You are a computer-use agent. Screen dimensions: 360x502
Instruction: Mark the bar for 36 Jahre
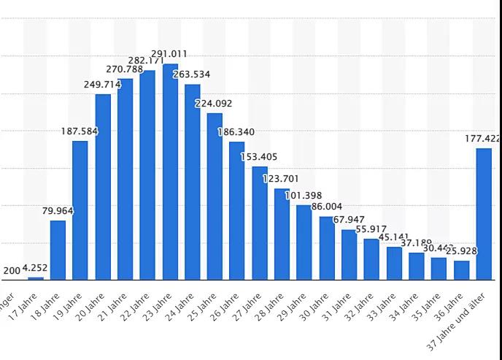pos(461,269)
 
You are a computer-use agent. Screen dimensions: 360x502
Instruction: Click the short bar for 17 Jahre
pos(36,277)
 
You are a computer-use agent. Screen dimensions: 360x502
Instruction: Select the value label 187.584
pos(80,131)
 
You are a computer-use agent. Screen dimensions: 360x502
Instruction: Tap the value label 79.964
pos(58,211)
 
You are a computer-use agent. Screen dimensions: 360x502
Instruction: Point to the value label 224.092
pos(214,104)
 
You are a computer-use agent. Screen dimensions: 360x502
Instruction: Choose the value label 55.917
pos(371,229)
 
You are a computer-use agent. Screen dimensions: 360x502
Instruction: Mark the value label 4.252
pos(35,268)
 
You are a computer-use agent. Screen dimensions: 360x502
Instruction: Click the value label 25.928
pos(461,251)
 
